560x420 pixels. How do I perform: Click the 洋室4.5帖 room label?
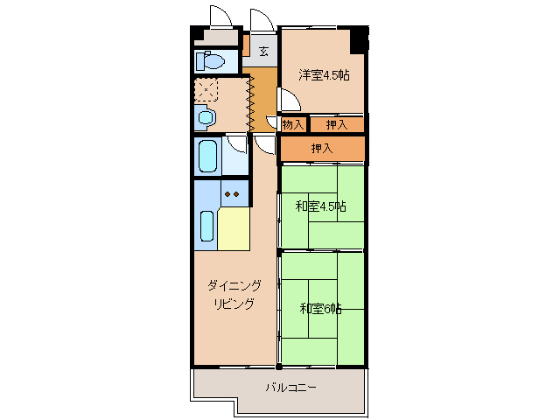coord(324,75)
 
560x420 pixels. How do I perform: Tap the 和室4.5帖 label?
coord(320,206)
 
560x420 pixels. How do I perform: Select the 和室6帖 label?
coord(320,309)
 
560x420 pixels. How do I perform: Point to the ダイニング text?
coord(234,286)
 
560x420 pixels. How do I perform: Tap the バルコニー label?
coord(291,388)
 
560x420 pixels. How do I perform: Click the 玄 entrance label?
coord(262,49)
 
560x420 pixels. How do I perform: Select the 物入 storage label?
coord(293,125)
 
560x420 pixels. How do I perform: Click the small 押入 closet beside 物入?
coord(337,125)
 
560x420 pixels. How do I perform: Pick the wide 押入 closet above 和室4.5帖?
coord(322,149)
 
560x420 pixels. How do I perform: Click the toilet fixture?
coord(209,61)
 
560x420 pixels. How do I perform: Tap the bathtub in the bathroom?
coord(207,157)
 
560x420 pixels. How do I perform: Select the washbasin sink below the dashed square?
coord(206,116)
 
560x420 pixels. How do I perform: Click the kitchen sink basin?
coord(207,226)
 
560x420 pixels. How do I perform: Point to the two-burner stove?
coord(232,194)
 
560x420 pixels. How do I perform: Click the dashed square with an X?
coord(206,89)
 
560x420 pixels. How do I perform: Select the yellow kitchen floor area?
coord(234,229)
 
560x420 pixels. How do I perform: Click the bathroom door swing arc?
coord(235,146)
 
